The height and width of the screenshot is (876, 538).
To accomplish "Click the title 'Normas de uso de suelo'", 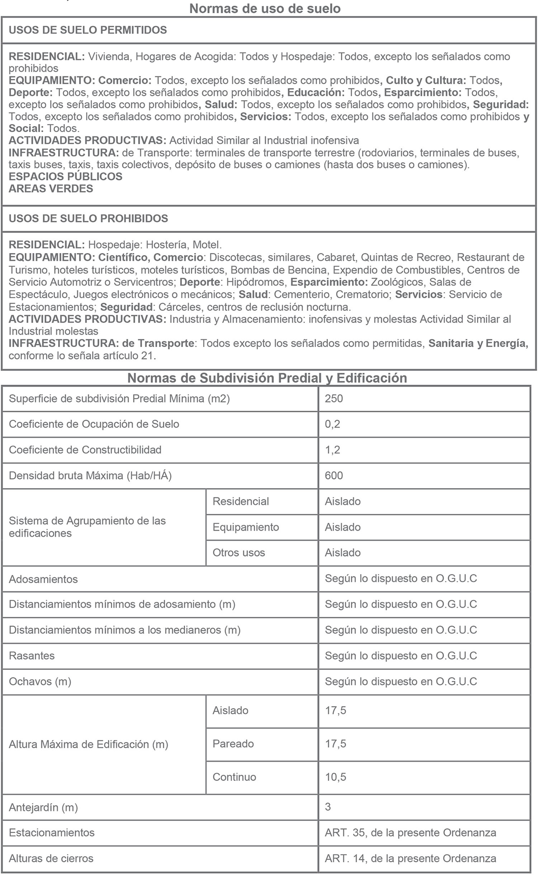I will (265, 8).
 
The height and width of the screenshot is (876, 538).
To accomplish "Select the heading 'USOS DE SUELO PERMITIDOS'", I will (88, 30).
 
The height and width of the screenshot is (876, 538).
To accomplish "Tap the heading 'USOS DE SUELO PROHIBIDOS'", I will (88, 218).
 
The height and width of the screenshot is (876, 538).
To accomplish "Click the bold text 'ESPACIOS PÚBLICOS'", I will (66, 176).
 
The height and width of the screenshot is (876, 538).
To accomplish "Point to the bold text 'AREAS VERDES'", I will (51, 188).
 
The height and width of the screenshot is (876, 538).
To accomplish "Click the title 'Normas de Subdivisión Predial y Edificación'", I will (267, 378).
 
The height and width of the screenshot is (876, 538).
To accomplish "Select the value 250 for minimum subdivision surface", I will (334, 398).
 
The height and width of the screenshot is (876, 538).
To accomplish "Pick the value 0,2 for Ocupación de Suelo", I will (332, 424).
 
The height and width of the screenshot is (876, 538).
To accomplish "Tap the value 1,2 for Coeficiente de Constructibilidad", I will (332, 450).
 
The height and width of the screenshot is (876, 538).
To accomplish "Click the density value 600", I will (334, 476).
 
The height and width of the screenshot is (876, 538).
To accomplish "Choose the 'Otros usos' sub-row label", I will (239, 552).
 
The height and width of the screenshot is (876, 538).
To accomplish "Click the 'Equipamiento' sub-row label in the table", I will (246, 527).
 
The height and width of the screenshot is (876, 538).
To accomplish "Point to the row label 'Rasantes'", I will (32, 656).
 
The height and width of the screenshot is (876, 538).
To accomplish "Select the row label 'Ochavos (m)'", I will (40, 681).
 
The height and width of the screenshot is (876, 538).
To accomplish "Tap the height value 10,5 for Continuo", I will (336, 777).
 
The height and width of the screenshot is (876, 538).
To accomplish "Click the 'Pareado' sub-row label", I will (233, 744).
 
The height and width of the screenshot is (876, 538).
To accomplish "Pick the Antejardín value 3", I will (328, 807).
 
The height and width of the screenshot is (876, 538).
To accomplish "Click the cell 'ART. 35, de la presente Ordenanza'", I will (411, 832).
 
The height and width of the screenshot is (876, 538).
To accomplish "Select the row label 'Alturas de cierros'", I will (51, 858).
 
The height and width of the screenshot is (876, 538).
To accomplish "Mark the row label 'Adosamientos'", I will (43, 579).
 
